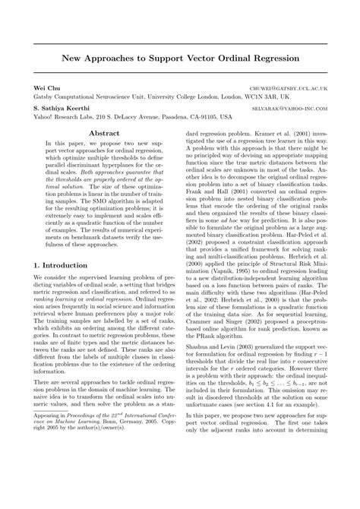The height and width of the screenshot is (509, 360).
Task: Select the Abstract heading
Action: (x=105, y=134)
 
